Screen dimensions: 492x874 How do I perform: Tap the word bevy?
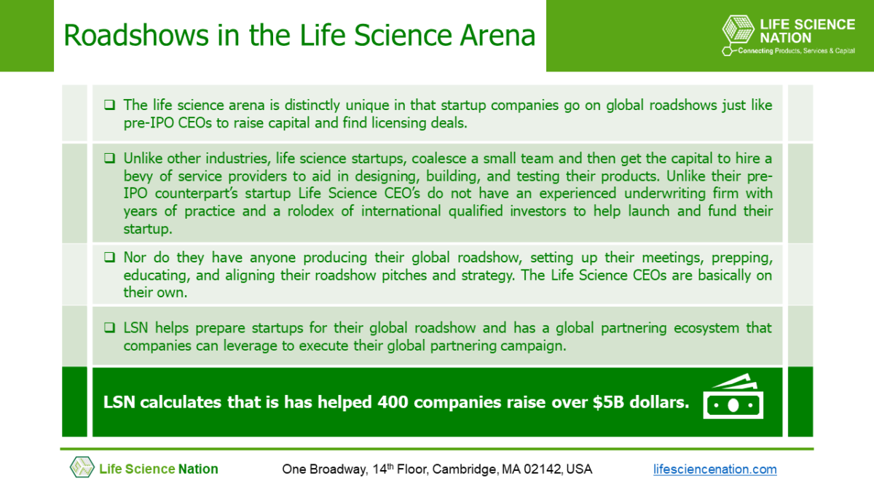[x=140, y=176]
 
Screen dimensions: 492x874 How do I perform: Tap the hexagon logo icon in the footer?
[x=82, y=468]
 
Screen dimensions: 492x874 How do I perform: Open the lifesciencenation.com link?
[x=714, y=469]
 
